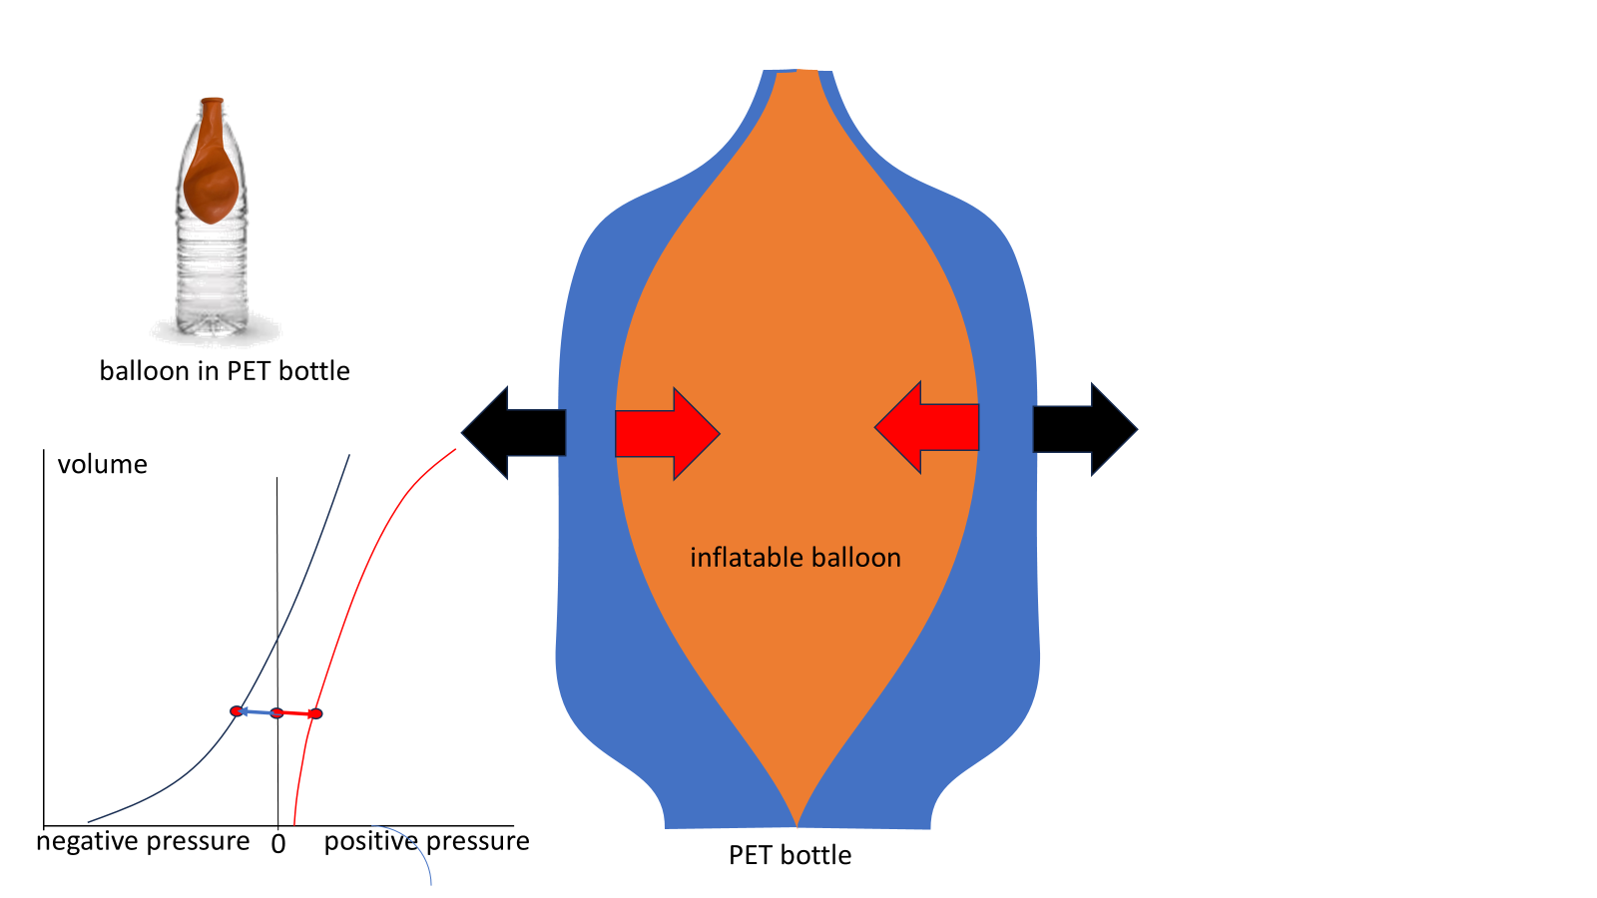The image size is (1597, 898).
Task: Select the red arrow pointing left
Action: tap(927, 427)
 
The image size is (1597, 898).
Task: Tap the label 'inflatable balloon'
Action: tap(795, 557)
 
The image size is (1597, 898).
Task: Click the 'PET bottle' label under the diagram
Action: tap(790, 855)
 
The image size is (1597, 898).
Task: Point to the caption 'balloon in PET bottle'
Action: tap(225, 371)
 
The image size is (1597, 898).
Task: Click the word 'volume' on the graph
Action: tap(102, 464)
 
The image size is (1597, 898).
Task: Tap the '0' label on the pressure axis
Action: tap(278, 844)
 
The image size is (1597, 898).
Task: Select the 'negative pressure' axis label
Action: tap(143, 841)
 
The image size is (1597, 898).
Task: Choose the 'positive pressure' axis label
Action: tap(426, 841)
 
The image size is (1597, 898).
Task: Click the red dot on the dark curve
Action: tap(237, 711)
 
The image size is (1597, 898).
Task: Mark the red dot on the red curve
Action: tap(315, 713)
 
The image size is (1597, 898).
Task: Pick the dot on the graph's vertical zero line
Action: tap(277, 712)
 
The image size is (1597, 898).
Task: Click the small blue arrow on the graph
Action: tap(256, 711)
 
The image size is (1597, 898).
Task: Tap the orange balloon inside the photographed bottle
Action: tap(211, 170)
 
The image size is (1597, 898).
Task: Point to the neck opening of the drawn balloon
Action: tap(798, 76)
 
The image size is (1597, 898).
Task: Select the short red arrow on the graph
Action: tap(296, 713)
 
